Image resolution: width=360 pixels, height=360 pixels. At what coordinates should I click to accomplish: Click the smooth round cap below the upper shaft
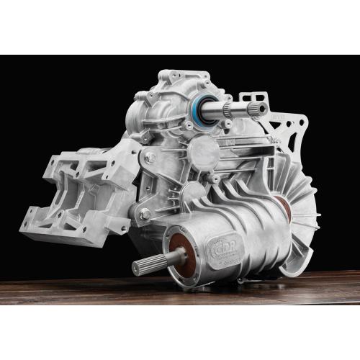click(203, 149)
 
